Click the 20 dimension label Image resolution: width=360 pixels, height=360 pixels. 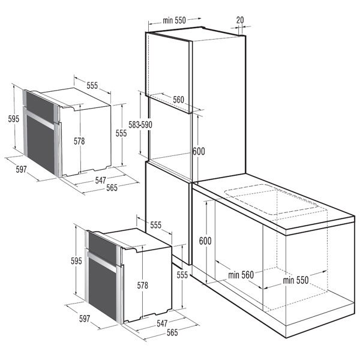[240, 20]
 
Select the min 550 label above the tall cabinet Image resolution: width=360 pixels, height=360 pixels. [174, 20]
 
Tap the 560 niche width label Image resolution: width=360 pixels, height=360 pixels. [179, 100]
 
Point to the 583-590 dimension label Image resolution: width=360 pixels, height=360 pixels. [140, 125]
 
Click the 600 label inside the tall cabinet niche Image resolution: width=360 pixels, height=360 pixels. [199, 151]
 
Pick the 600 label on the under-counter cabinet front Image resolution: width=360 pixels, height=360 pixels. [205, 241]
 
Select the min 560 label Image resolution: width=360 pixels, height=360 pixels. [241, 275]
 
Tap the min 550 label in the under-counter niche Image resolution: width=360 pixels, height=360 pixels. [296, 280]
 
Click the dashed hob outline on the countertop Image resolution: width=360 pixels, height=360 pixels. [271, 199]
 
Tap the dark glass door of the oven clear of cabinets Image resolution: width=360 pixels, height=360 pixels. [41, 144]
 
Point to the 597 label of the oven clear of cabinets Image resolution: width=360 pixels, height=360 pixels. [22, 169]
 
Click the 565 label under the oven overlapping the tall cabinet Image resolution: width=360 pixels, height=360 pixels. [172, 332]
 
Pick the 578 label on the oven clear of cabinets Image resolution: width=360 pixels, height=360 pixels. [79, 141]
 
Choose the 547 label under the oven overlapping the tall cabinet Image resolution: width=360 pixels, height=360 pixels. [162, 323]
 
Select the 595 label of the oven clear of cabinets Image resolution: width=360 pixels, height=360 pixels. [14, 119]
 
